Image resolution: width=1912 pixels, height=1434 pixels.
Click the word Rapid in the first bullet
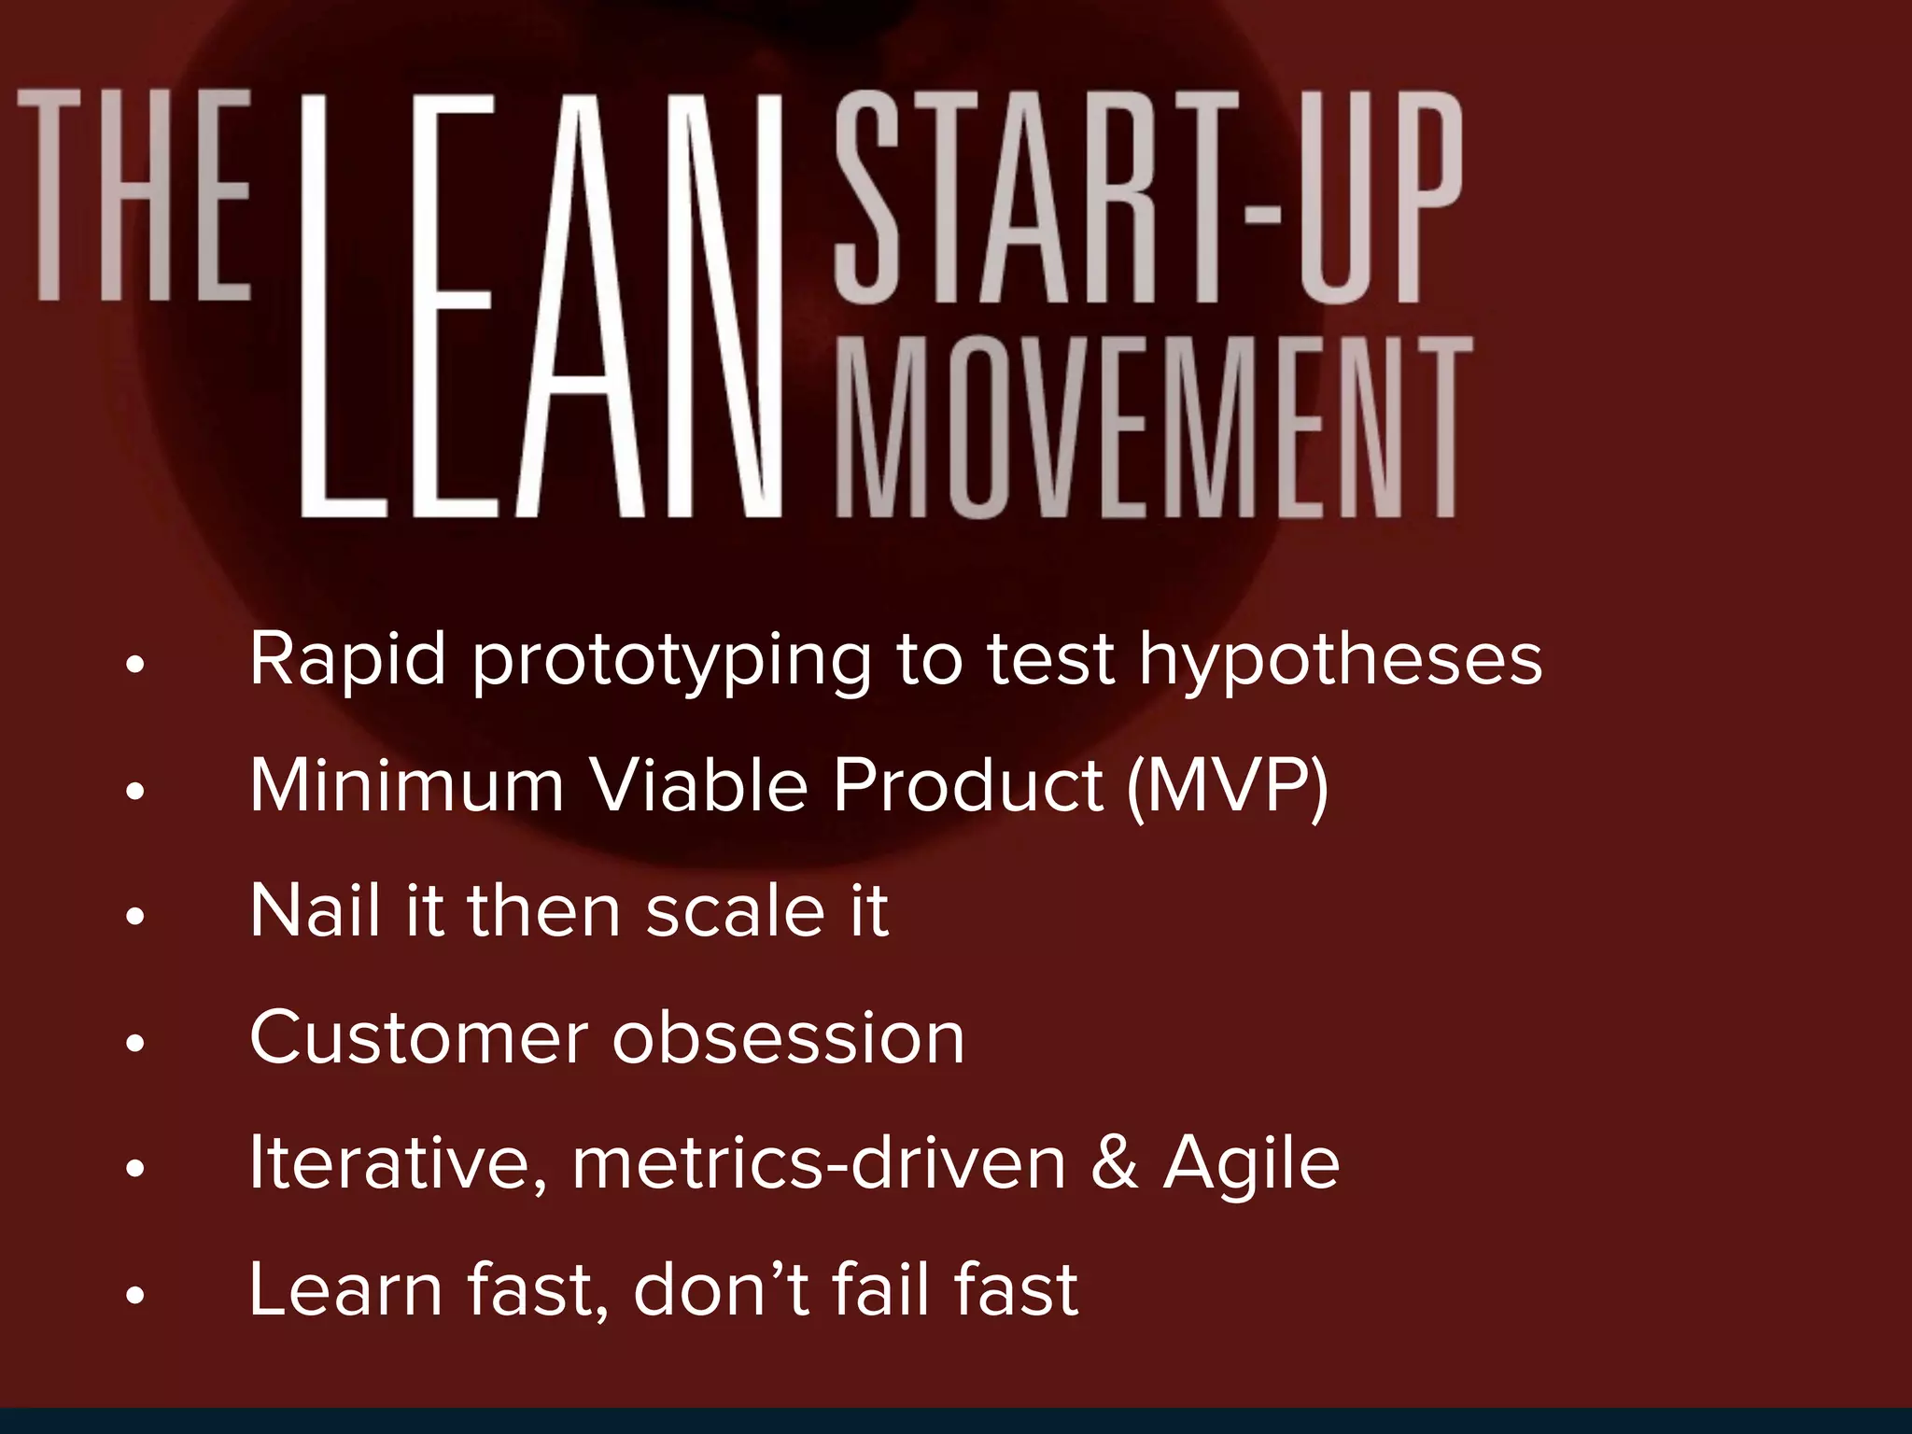[347, 660]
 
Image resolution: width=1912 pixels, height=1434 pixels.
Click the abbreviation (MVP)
[1228, 787]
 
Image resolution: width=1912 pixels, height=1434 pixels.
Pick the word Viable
[699, 785]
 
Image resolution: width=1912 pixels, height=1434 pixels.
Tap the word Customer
[419, 1037]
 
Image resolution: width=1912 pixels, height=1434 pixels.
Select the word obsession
[789, 1037]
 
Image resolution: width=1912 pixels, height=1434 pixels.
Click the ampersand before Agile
[1115, 1163]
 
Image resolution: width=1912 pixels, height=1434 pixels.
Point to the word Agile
[1252, 1165]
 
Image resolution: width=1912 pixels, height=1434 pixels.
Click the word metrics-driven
[819, 1165]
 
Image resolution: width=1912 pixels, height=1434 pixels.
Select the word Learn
[345, 1290]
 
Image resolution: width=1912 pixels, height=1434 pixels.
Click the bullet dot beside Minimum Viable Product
[136, 792]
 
